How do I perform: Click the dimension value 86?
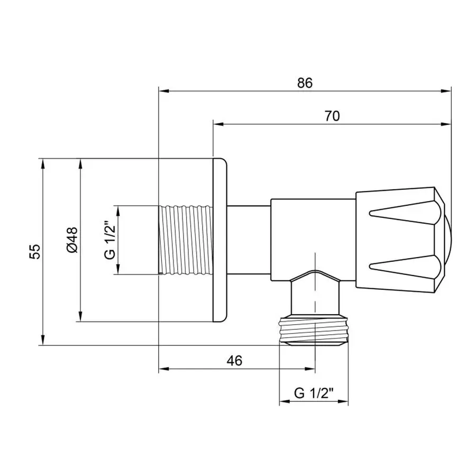coord(305,83)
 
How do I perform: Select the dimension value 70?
coord(332,116)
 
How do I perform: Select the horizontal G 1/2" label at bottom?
coord(313,393)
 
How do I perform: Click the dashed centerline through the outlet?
coord(315,296)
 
